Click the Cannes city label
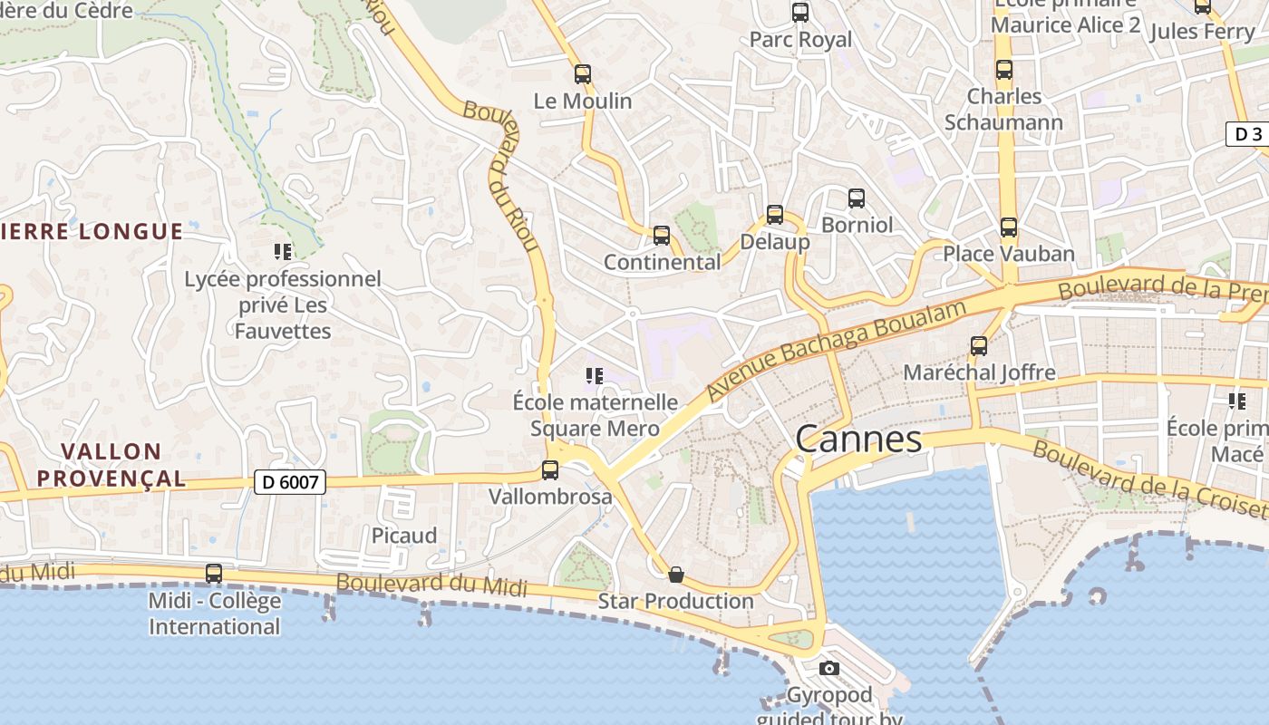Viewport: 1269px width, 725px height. (858, 440)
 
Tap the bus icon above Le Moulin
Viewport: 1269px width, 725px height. (583, 74)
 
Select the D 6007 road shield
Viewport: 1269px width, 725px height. (290, 482)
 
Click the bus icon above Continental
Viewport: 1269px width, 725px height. (662, 236)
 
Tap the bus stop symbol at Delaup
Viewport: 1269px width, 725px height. (775, 215)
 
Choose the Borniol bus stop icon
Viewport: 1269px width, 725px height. (857, 198)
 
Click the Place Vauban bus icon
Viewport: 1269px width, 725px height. (1009, 227)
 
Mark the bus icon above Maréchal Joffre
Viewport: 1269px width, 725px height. (979, 345)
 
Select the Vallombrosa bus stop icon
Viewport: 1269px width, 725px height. (550, 470)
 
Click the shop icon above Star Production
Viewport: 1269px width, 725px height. (675, 575)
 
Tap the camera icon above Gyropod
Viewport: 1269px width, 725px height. (828, 669)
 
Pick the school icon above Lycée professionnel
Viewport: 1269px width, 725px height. (282, 251)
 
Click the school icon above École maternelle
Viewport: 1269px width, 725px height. (595, 375)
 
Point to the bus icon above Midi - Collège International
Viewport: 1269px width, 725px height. (214, 574)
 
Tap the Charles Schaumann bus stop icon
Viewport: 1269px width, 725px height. (1004, 70)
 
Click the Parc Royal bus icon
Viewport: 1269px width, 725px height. (800, 13)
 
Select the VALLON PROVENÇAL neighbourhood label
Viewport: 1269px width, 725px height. (111, 464)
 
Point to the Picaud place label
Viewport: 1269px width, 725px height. (404, 536)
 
